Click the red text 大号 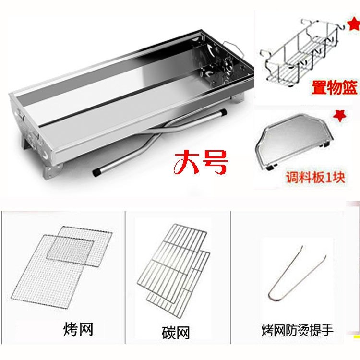(x=201, y=162)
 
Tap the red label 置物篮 (x=334, y=87)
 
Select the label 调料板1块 (x=315, y=177)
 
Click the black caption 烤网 (x=78, y=329)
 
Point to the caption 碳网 (x=176, y=333)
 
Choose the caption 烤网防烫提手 (x=297, y=330)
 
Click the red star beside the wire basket (x=354, y=25)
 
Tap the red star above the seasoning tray (x=340, y=116)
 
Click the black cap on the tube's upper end (x=223, y=112)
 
